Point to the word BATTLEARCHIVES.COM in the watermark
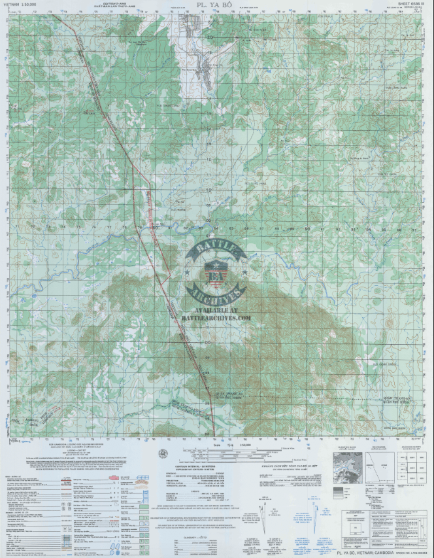click(x=215, y=319)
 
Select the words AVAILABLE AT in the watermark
click(x=215, y=310)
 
